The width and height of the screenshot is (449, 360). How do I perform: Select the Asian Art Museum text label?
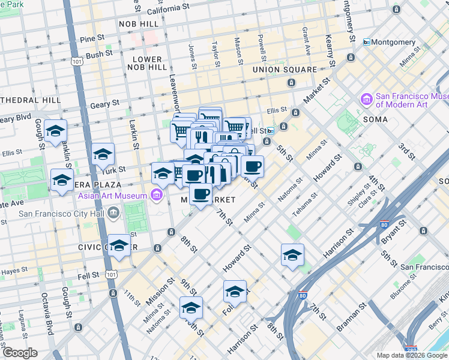click(x=112, y=196)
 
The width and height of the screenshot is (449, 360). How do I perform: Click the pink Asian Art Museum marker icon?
click(x=157, y=195)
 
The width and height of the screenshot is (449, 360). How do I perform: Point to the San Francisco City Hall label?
click(x=61, y=213)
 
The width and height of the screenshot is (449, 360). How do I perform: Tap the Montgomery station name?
click(x=393, y=42)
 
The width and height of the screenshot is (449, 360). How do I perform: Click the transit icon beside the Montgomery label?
click(x=366, y=42)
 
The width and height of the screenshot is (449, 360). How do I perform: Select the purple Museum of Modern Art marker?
click(x=365, y=98)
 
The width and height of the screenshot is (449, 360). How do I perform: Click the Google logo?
click(x=20, y=353)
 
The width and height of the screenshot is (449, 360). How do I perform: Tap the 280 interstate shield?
click(x=411, y=347)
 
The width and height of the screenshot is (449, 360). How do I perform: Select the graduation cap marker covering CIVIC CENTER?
click(x=119, y=245)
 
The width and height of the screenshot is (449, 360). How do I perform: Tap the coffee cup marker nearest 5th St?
click(x=252, y=166)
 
